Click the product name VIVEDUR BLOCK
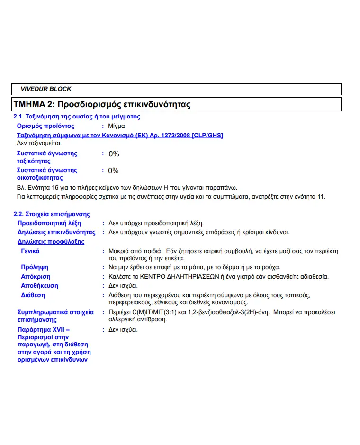pyautogui.click(x=46, y=89)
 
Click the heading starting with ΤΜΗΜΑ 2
pyautogui.click(x=102, y=104)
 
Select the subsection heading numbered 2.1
pyautogui.click(x=76, y=117)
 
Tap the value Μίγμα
pyautogui.click(x=117, y=126)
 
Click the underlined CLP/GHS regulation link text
pyautogui.click(x=120, y=136)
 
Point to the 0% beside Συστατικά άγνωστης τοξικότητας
pyautogui.click(x=114, y=154)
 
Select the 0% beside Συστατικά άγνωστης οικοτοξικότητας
pyautogui.click(x=114, y=171)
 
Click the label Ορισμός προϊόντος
pyautogui.click(x=45, y=126)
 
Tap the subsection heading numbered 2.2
pyautogui.click(x=51, y=214)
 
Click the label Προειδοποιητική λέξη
pyautogui.click(x=49, y=223)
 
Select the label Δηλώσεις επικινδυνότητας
pyautogui.click(x=56, y=232)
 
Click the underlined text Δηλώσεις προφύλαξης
pyautogui.click(x=51, y=242)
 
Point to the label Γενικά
pyautogui.click(x=30, y=251)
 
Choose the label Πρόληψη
pyautogui.click(x=35, y=267)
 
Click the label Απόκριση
pyautogui.click(x=36, y=277)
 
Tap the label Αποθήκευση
pyautogui.click(x=40, y=286)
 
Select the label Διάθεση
pyautogui.click(x=33, y=295)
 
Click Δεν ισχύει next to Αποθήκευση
pyautogui.click(x=123, y=286)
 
